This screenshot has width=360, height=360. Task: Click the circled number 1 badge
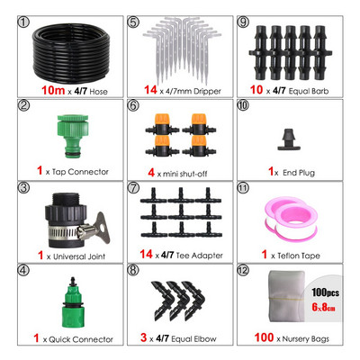[24, 22]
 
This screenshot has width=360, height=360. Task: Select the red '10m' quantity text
[53, 90]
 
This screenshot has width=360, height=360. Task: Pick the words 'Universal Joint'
[79, 256]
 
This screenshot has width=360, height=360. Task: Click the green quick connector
[73, 303]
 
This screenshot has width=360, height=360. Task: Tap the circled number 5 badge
[133, 22]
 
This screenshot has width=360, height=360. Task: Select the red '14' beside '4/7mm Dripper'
[150, 90]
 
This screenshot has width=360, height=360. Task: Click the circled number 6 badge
[133, 105]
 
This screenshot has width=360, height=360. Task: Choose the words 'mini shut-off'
[185, 174]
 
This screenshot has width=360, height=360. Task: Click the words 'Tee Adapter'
[200, 256]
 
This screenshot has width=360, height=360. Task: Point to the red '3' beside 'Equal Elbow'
[144, 337]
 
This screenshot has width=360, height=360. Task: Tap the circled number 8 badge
[133, 270]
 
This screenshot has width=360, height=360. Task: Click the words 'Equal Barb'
[309, 91]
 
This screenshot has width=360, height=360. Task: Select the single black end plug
[290, 139]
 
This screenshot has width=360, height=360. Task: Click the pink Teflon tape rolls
[291, 218]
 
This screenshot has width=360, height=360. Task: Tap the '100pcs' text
[325, 292]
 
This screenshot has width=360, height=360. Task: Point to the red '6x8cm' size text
[323, 307]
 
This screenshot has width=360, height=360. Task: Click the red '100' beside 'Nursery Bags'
[264, 337]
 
